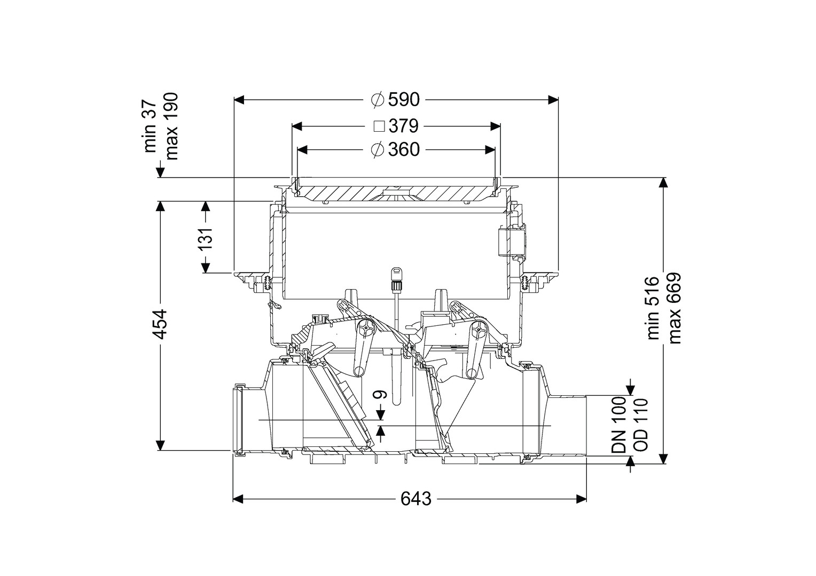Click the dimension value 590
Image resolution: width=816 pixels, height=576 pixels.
(404, 100)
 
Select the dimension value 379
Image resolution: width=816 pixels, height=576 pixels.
(403, 126)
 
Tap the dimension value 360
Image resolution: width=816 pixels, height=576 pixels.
(404, 150)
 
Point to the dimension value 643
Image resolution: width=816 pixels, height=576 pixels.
(415, 499)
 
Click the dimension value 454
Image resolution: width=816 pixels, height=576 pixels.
(159, 325)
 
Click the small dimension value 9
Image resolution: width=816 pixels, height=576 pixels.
(380, 395)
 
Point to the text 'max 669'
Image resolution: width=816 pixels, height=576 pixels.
(674, 308)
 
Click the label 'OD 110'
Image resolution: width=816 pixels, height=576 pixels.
(639, 425)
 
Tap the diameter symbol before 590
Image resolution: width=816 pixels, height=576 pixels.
(378, 100)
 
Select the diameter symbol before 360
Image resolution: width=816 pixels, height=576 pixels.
(378, 150)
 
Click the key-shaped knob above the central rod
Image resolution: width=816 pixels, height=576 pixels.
(396, 274)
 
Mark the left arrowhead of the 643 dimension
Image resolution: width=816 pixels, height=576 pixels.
(238, 499)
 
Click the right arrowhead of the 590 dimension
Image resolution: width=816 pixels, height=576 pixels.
(553, 100)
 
